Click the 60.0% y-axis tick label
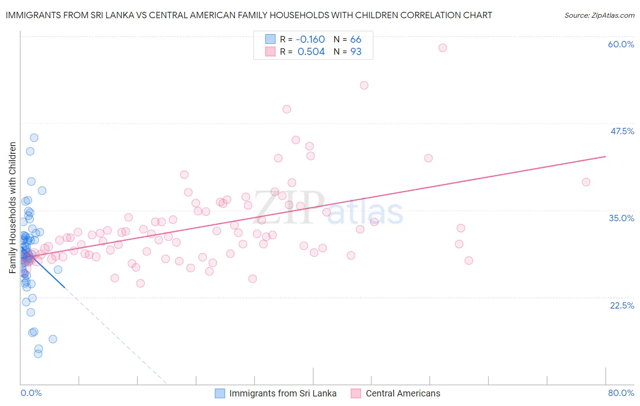tap(621, 44)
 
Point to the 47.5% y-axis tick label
tap(622, 131)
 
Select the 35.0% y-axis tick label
tap(621, 218)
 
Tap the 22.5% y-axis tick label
tap(622, 305)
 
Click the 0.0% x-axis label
tap(31, 393)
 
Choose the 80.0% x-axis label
tap(621, 393)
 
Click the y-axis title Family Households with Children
tap(12, 208)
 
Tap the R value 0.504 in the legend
tap(311, 52)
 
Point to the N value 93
tap(356, 52)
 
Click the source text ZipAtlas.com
tap(599, 15)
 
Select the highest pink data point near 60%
tap(442, 48)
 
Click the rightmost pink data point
tap(586, 182)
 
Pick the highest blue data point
tap(34, 137)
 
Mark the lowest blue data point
tap(38, 354)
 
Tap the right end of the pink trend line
tap(605, 157)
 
